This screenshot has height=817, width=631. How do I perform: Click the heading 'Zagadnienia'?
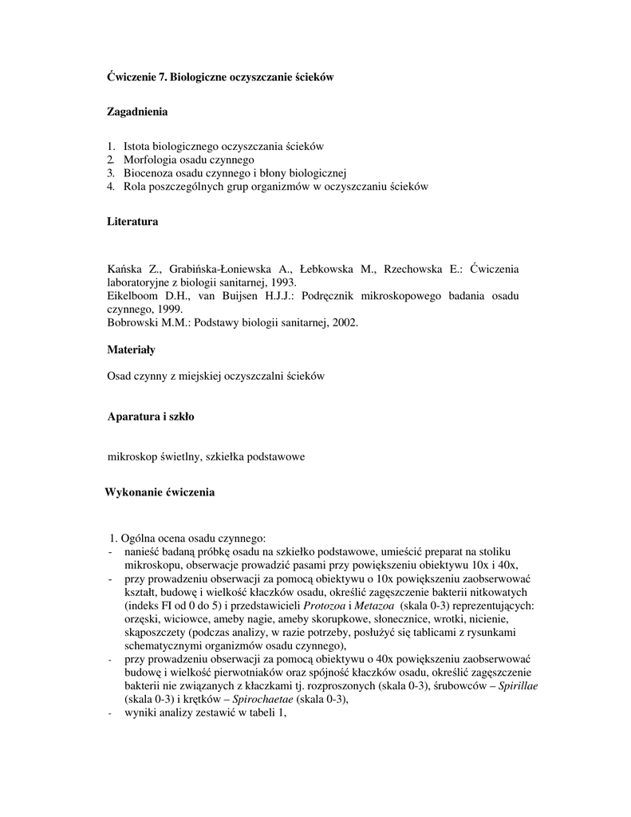pos(137,112)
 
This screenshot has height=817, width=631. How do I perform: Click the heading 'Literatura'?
pos(132,222)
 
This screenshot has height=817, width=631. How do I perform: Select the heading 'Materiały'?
pos(131,349)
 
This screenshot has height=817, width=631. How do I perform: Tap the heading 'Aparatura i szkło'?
pos(151,416)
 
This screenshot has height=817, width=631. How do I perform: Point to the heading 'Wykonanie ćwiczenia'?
pos(160,492)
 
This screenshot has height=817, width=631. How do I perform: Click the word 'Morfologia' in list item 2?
pos(148,160)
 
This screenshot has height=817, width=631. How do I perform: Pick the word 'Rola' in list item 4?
pos(134,187)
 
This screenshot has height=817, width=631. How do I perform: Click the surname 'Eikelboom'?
pos(132,296)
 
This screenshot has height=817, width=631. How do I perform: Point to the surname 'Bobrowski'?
pos(132,322)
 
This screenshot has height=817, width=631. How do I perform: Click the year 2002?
pos(345,322)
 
